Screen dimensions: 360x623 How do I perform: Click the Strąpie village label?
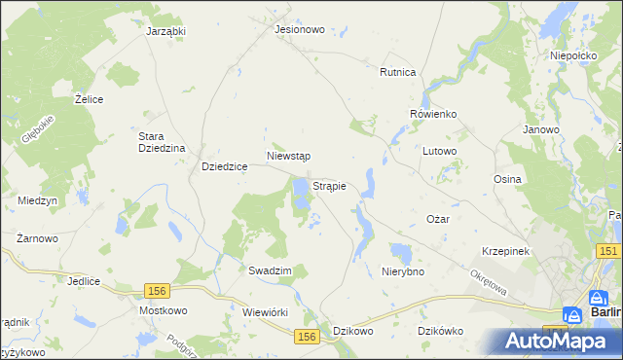click(x=330, y=185)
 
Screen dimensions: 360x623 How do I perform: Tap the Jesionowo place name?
click(x=299, y=29)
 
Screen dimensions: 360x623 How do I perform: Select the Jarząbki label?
click(x=165, y=31)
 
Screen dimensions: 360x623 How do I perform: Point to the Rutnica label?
click(x=398, y=72)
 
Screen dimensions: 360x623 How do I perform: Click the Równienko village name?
click(x=433, y=114)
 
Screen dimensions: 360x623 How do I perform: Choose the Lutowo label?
click(x=440, y=152)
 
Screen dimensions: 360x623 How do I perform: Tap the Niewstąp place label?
click(x=288, y=156)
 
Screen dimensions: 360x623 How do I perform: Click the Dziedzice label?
click(x=224, y=167)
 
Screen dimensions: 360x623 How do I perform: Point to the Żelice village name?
click(x=90, y=99)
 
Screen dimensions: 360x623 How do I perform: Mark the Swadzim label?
click(x=270, y=270)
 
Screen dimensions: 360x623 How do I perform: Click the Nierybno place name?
click(x=404, y=271)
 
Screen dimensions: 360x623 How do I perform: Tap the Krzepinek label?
click(x=504, y=251)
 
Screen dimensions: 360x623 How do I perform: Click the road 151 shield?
click(x=608, y=251)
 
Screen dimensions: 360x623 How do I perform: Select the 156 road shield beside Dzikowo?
click(x=307, y=335)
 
